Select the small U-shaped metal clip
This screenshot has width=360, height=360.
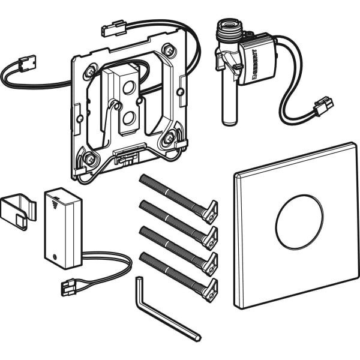(x=19, y=210)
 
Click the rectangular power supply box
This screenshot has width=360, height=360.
(x=62, y=228)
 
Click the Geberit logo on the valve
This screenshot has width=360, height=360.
(x=254, y=65)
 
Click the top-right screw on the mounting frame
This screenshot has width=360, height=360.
(x=170, y=49)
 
